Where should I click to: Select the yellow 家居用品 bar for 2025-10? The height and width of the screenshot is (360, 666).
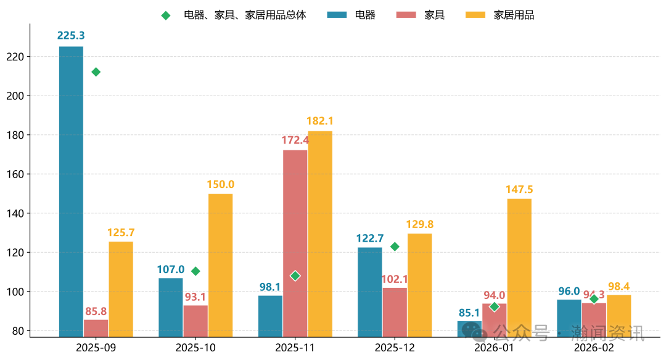pyautogui.click(x=220, y=265)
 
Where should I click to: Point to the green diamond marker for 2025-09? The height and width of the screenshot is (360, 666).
pyautogui.click(x=96, y=72)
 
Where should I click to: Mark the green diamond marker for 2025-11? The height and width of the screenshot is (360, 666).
pyautogui.click(x=295, y=276)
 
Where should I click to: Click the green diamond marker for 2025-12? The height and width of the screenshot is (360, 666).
pyautogui.click(x=395, y=247)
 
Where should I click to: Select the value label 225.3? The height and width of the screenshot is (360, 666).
pyautogui.click(x=71, y=36)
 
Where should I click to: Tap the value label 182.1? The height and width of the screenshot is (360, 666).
pyautogui.click(x=319, y=121)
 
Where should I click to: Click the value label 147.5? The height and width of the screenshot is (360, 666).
pyautogui.click(x=519, y=189)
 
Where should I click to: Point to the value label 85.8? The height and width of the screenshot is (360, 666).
pyautogui.click(x=96, y=311)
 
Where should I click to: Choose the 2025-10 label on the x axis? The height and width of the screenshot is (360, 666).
pyautogui.click(x=195, y=348)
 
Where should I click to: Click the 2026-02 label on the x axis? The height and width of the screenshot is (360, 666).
pyautogui.click(x=593, y=348)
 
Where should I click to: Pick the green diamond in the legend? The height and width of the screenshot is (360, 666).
pyautogui.click(x=165, y=15)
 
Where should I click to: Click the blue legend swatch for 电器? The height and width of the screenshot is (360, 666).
pyautogui.click(x=336, y=15)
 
